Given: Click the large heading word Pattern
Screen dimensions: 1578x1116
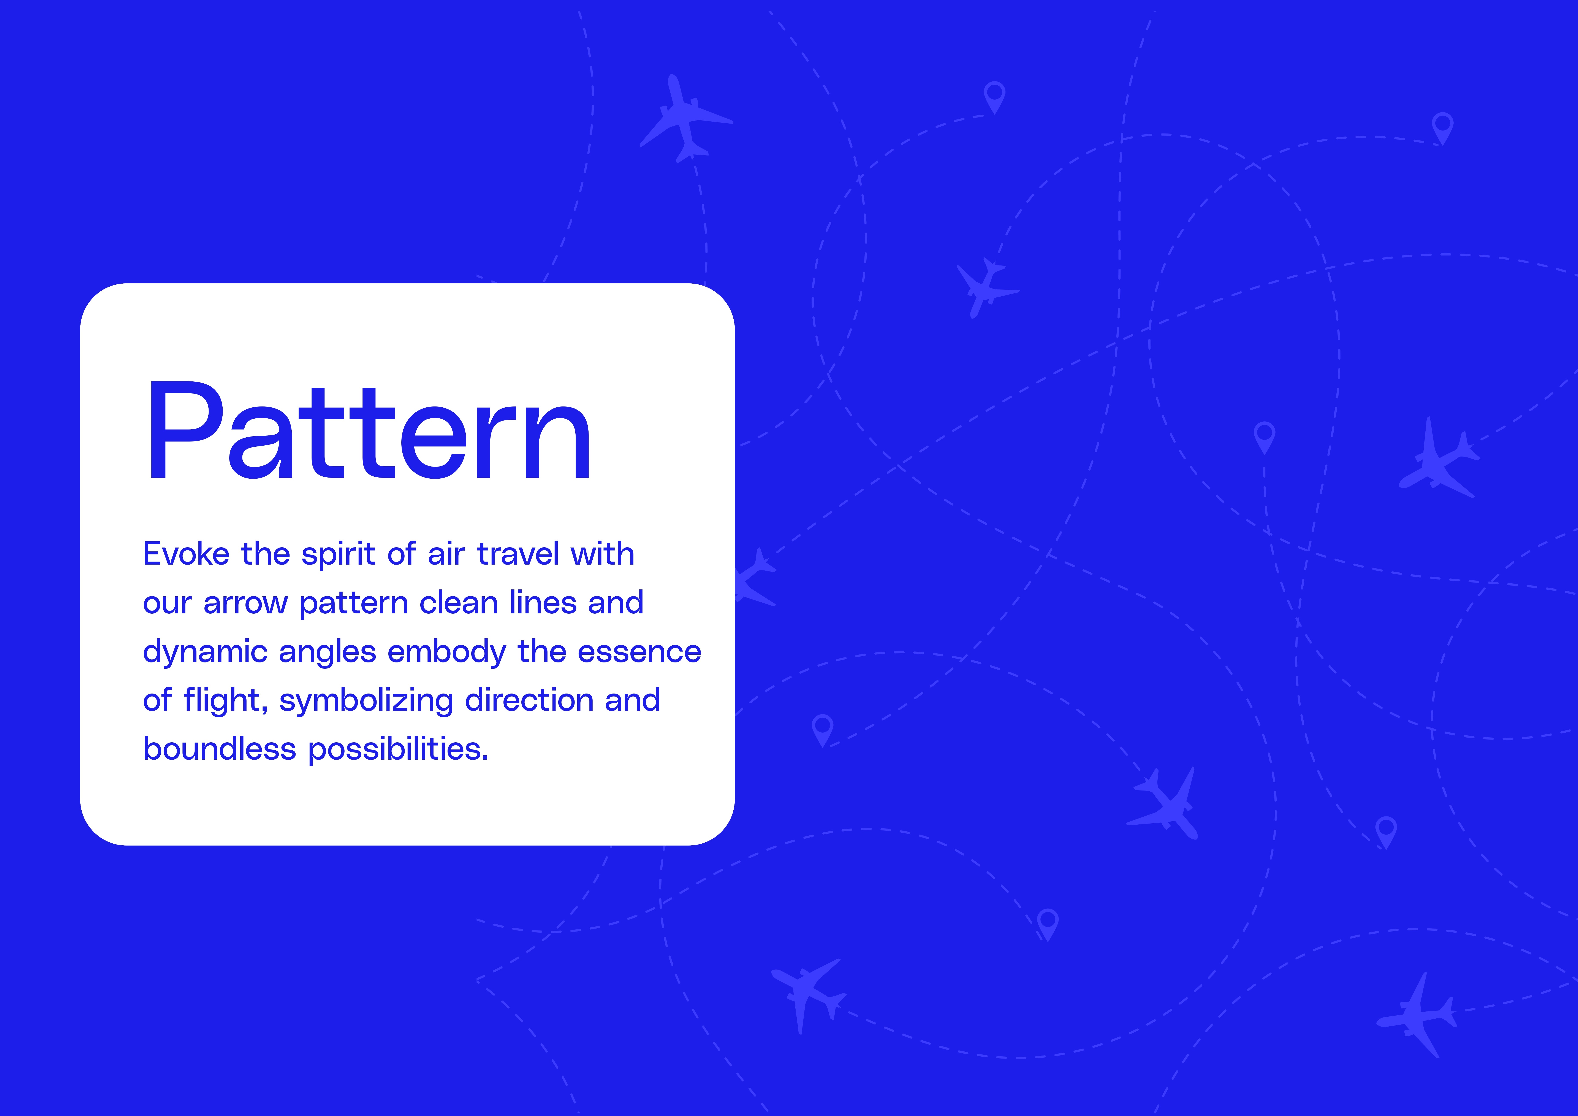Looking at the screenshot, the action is click(369, 430).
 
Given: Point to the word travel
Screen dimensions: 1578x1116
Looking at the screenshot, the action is click(518, 554).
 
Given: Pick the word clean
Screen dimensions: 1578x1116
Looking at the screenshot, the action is click(458, 602).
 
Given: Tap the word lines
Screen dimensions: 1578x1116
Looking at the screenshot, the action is click(543, 602).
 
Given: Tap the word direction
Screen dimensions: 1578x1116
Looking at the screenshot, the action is click(529, 700).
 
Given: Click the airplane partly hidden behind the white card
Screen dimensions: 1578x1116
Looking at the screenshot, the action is click(755, 578).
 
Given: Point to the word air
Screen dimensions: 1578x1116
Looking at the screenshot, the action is click(447, 554).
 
